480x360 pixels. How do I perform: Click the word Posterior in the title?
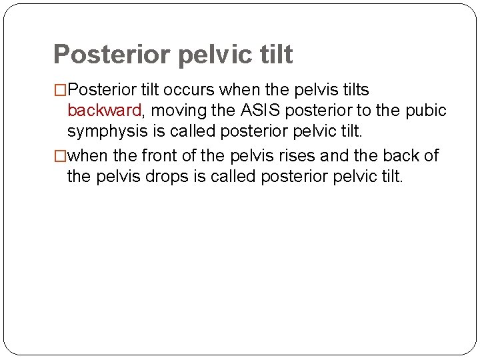[111, 55]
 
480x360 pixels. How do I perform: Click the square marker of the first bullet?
[61, 90]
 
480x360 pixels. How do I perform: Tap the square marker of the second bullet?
[61, 156]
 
